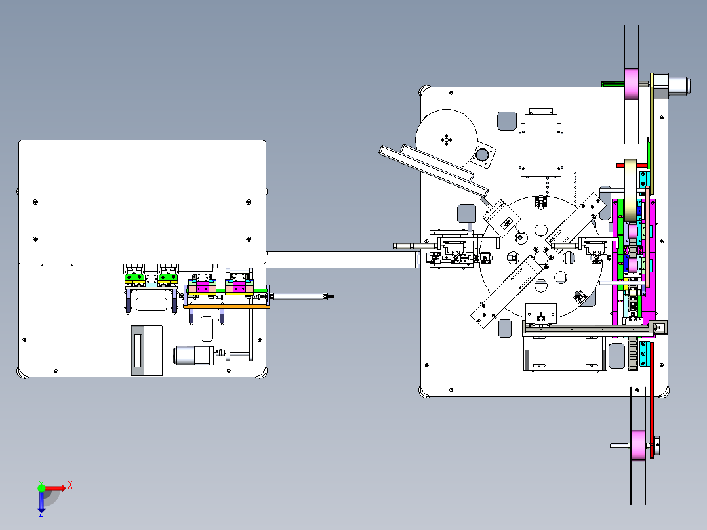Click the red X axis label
tap(70, 485)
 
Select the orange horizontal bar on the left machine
tap(226, 307)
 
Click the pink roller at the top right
tap(632, 84)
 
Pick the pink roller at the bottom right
tap(638, 445)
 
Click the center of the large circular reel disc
tap(447, 139)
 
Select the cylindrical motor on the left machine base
tap(194, 356)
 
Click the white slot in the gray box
tap(138, 350)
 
